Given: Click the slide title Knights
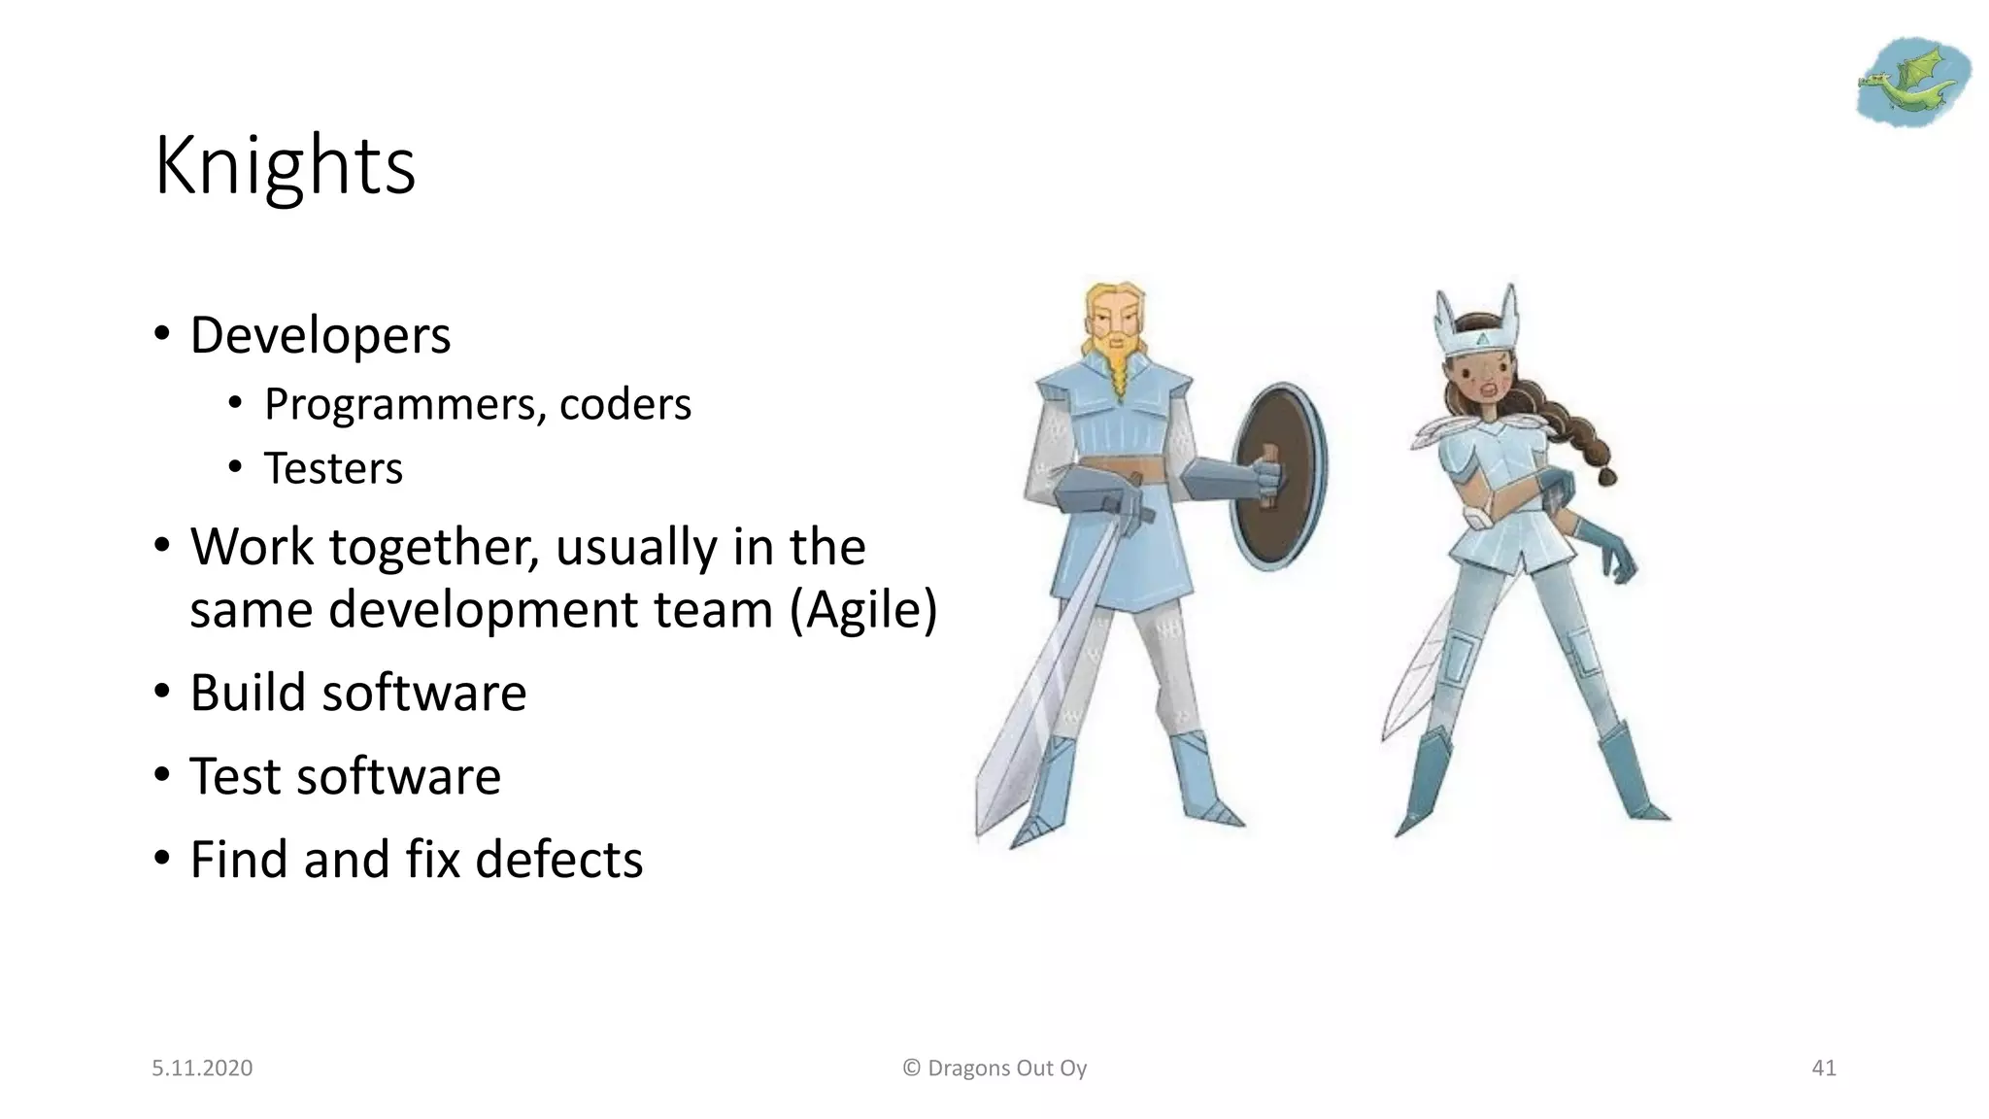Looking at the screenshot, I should click(x=285, y=166).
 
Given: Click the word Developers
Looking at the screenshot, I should click(x=320, y=336).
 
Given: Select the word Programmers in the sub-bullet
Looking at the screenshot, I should click(x=398, y=404).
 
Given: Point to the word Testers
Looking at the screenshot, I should click(x=333, y=468).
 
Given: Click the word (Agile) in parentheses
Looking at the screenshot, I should click(x=863, y=610).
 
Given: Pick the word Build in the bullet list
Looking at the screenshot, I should click(x=247, y=694).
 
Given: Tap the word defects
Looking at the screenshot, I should click(x=558, y=860).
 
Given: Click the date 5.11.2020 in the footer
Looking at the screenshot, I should click(x=202, y=1068).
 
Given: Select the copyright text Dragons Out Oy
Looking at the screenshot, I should click(x=1006, y=1068).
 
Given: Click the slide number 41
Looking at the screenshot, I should click(x=1824, y=1068).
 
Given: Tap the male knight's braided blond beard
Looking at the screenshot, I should click(x=1118, y=364).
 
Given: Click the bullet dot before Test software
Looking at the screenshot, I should click(x=161, y=776).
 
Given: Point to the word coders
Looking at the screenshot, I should click(x=625, y=404).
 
